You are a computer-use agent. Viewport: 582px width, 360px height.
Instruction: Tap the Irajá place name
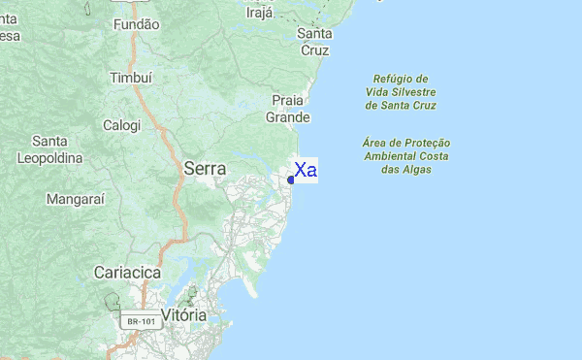point(260,13)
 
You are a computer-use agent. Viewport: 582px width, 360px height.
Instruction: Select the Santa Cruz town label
point(315,41)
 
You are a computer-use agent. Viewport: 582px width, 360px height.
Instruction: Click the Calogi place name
point(122,125)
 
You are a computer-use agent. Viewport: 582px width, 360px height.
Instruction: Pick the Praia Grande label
point(289,109)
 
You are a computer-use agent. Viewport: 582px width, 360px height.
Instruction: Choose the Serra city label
point(205,168)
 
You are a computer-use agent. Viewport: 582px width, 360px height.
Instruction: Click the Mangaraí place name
point(75,199)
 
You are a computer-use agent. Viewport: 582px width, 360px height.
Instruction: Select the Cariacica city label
point(127,273)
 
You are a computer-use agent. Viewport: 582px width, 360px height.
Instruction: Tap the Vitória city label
point(183,315)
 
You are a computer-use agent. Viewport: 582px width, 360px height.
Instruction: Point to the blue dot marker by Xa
point(291,180)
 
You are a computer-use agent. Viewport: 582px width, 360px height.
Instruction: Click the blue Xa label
point(306,171)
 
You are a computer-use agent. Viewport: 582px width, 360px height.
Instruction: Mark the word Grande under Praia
point(289,117)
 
